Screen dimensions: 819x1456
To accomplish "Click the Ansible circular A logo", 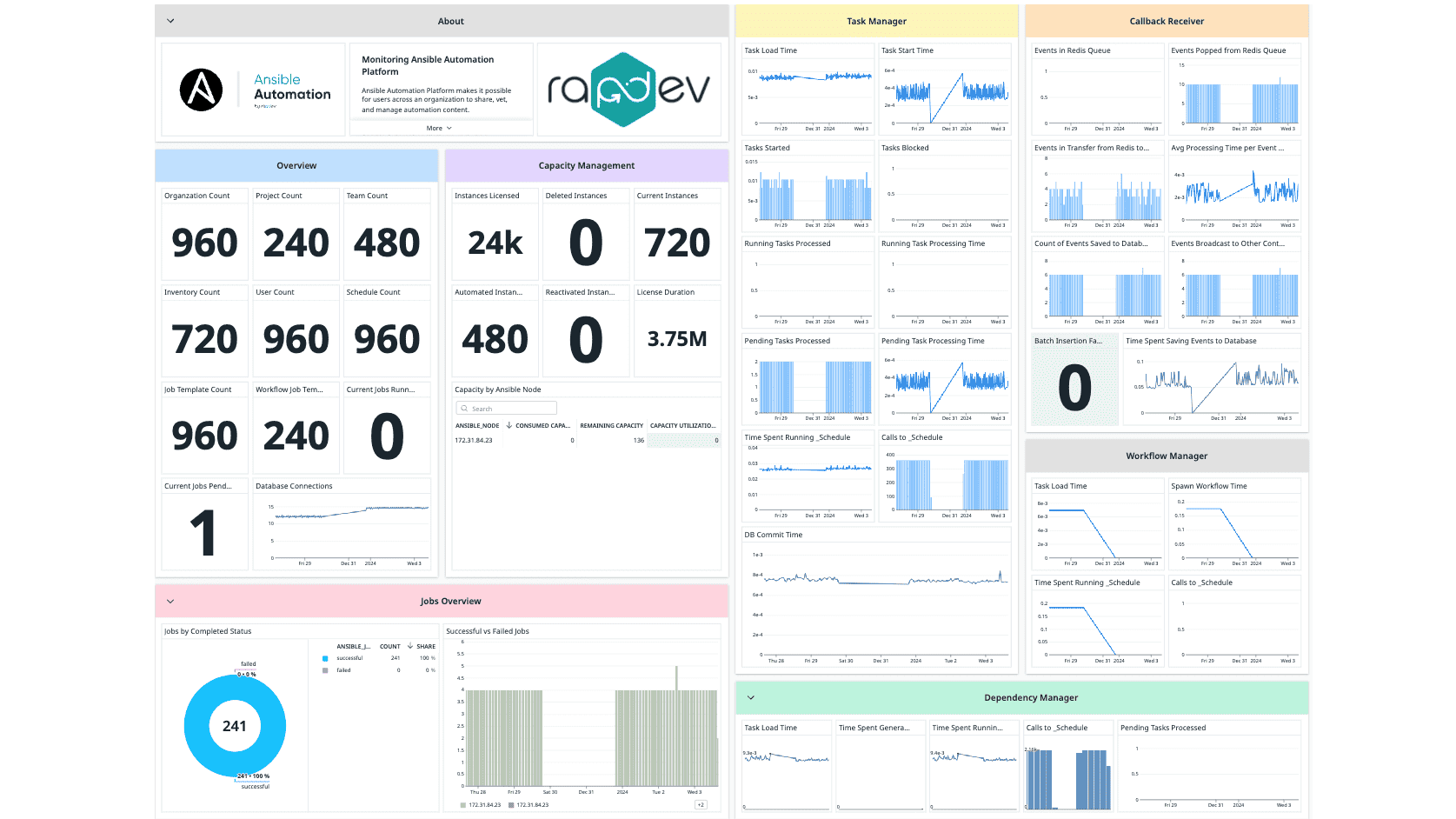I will (201, 90).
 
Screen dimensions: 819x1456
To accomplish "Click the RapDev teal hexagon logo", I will (622, 90).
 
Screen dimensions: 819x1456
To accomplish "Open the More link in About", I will (439, 128).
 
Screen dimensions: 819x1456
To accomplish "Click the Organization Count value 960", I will (204, 243).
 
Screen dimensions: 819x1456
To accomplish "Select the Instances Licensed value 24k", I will (495, 243).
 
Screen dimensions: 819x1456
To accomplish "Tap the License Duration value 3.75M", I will (677, 339).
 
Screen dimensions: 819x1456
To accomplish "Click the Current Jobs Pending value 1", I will (203, 533).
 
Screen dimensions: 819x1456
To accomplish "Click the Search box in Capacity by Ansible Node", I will (507, 408).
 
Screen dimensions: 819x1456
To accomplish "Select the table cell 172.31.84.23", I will (474, 440).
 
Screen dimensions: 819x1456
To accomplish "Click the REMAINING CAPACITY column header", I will (611, 425).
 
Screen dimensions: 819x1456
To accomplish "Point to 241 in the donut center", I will (235, 726).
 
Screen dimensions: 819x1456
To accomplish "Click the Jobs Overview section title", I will (450, 601).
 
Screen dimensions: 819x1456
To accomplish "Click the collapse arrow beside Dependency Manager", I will (751, 697).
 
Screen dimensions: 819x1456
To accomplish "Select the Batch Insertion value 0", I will (1074, 388).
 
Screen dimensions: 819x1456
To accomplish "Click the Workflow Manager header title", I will (1167, 456).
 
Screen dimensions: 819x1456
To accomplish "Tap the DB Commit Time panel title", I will (773, 535).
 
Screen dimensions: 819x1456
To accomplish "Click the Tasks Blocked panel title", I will (905, 148).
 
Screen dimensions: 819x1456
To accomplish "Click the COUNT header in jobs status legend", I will (389, 646).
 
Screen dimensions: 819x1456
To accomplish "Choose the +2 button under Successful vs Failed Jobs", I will (701, 804).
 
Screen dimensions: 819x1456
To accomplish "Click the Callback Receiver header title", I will (1167, 21).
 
